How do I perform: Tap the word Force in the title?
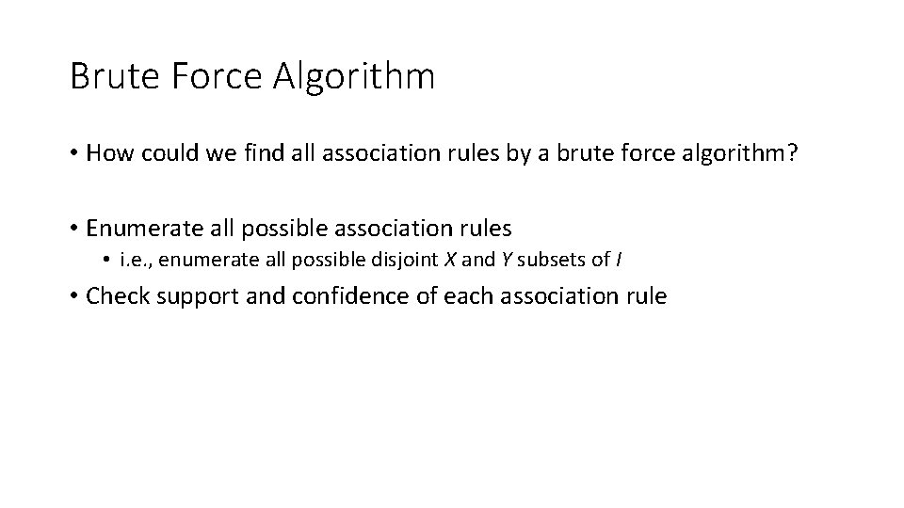[208, 76]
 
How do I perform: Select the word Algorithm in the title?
[355, 76]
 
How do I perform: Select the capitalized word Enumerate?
[139, 228]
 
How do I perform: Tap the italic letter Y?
[507, 261]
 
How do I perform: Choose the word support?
[195, 297]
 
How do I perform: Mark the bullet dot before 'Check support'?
[73, 297]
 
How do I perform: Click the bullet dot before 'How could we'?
[73, 154]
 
